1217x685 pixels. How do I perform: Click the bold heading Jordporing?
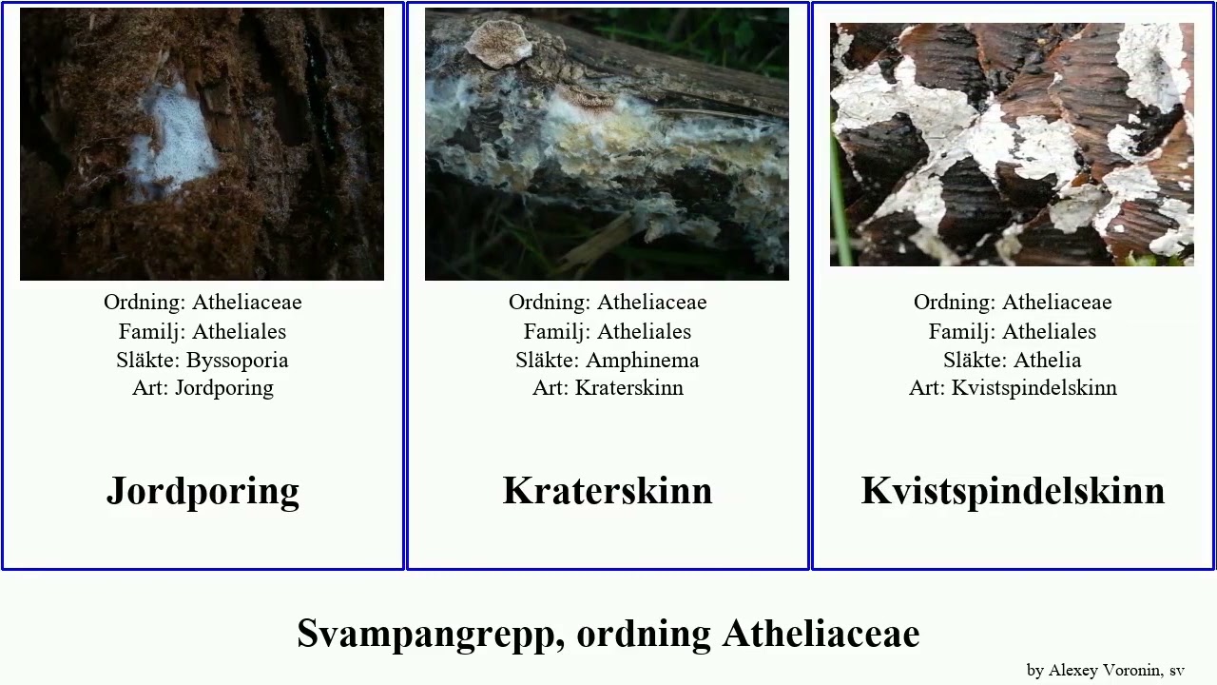203,491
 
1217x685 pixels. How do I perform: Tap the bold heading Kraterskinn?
608,491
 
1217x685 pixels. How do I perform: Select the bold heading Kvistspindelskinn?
1013,491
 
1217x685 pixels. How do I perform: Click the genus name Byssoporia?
237,360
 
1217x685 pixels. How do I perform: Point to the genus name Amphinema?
642,360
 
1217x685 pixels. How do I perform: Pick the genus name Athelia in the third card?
1047,360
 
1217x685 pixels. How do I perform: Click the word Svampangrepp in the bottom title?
426,634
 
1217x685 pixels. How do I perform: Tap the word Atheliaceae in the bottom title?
821,634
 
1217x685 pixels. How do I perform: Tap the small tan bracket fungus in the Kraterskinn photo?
499,43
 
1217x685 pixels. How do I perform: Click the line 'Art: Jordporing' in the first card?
203,388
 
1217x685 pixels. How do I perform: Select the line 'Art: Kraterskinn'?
608,388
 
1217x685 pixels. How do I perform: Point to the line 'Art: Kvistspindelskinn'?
1013,388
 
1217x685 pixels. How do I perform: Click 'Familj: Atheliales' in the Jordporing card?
203,331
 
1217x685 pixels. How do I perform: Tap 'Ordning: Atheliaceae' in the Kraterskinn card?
608,303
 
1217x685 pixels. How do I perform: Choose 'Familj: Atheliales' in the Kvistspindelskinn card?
1013,331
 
